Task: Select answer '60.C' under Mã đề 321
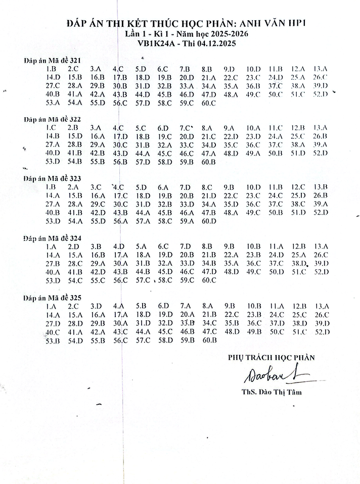tap(208, 103)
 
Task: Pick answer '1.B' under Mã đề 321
tap(51, 69)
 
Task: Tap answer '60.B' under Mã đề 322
tap(208, 162)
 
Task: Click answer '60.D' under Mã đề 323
tap(208, 221)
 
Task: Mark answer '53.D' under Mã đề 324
tap(53, 280)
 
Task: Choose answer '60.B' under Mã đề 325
tap(208, 341)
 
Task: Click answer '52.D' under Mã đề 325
tap(322, 332)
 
